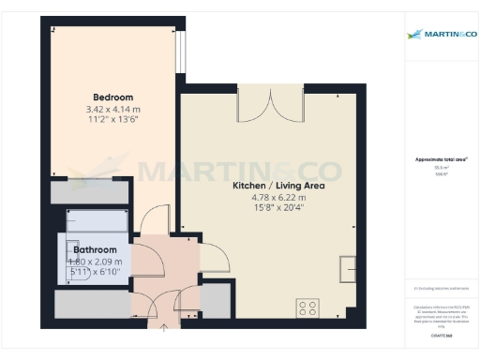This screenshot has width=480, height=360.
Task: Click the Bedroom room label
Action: (x=112, y=97)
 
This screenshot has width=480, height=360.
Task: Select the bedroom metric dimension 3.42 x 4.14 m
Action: (x=112, y=109)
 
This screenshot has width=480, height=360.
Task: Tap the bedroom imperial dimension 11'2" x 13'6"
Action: (x=112, y=120)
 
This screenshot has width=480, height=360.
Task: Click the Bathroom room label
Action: (x=96, y=250)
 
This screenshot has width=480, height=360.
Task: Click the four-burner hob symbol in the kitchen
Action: (x=307, y=307)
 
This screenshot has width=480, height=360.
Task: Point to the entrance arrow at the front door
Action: (x=165, y=327)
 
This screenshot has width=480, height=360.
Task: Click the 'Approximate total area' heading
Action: (x=440, y=159)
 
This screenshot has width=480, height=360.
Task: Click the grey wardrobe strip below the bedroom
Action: (x=88, y=192)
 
